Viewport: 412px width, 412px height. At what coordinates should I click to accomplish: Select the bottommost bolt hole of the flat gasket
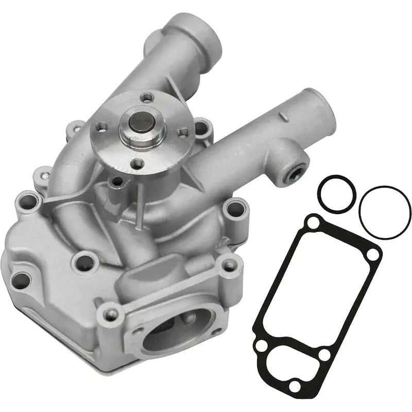tap(295, 385)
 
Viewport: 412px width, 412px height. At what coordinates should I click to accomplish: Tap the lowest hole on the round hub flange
tap(137, 164)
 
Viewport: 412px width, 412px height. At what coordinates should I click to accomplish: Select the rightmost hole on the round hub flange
tap(183, 132)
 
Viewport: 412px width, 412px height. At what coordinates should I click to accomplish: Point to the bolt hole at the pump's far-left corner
tap(21, 281)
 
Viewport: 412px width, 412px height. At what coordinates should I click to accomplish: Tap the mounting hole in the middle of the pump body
tap(85, 263)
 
